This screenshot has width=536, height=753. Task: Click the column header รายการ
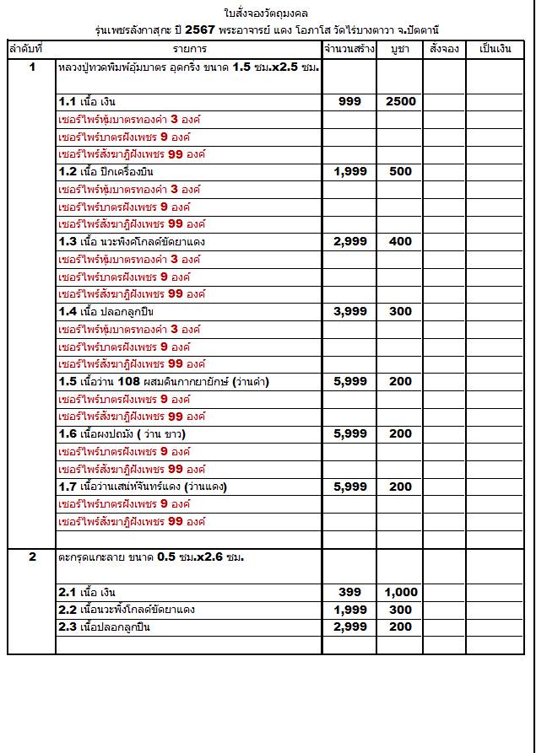click(x=190, y=49)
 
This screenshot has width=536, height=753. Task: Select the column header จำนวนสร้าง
click(x=349, y=49)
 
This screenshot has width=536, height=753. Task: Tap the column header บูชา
click(x=400, y=49)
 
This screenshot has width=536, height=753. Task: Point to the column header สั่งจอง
click(x=444, y=49)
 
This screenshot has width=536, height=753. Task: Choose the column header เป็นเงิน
click(x=495, y=49)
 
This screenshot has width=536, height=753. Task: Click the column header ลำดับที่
click(x=32, y=49)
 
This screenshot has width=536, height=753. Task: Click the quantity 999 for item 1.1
click(x=349, y=101)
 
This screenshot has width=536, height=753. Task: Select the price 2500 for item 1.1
click(x=401, y=101)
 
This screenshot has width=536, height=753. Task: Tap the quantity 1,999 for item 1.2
click(x=349, y=171)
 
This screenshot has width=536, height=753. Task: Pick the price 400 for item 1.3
click(x=401, y=241)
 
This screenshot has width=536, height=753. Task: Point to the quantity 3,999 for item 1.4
click(x=349, y=311)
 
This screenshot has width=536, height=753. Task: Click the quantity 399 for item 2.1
click(x=349, y=592)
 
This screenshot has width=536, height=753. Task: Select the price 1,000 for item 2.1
click(x=401, y=592)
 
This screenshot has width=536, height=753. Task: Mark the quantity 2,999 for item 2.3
click(x=349, y=627)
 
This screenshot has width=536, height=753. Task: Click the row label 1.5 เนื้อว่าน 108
click(x=164, y=381)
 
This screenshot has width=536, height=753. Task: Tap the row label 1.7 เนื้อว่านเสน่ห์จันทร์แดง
click(x=143, y=487)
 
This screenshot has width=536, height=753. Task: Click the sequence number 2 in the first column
click(x=32, y=557)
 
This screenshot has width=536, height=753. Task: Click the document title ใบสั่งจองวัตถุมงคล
click(x=267, y=13)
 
